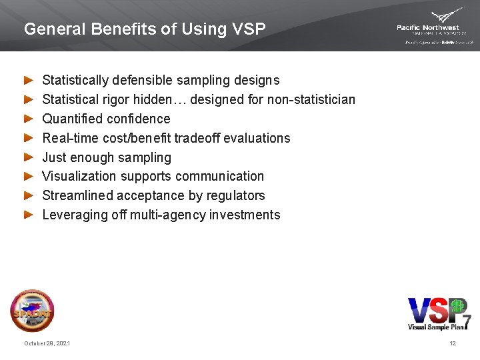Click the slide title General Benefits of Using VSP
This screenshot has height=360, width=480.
pos(144,29)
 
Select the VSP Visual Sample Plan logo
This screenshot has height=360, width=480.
pos(439,313)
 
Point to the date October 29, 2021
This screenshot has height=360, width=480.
pos(47,343)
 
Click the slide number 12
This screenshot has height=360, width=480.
pos(453,343)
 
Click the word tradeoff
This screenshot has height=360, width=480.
pos(193,139)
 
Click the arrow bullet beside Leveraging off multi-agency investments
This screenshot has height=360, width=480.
pos(28,215)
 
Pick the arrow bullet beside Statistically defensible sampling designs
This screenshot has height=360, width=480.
pos(28,81)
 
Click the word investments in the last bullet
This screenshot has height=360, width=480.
pos(245,215)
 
